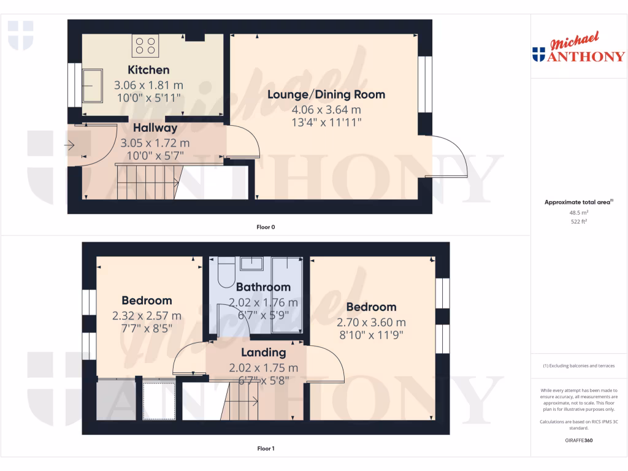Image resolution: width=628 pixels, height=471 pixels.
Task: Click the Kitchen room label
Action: (x=148, y=70)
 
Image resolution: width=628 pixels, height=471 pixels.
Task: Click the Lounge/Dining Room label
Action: (x=326, y=94)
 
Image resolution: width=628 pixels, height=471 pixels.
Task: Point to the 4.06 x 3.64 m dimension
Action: (x=326, y=110)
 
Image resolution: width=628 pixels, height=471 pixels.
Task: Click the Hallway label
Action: (x=155, y=128)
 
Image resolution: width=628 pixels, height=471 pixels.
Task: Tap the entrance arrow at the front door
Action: (x=69, y=145)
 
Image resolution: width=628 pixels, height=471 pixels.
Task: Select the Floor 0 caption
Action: (x=266, y=227)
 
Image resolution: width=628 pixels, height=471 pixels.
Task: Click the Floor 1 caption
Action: (x=266, y=448)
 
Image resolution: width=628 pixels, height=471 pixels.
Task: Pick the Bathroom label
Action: (x=263, y=287)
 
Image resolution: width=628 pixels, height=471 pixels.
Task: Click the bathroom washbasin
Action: (x=252, y=264)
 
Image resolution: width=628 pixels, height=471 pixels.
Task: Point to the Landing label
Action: (x=263, y=353)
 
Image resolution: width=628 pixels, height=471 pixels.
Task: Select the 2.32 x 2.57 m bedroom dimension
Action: (x=147, y=316)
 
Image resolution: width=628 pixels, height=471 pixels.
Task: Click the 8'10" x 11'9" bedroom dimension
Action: (x=371, y=335)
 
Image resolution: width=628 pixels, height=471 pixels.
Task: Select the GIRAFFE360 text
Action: (x=579, y=440)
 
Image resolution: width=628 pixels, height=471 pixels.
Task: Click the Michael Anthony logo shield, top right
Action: (x=539, y=55)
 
